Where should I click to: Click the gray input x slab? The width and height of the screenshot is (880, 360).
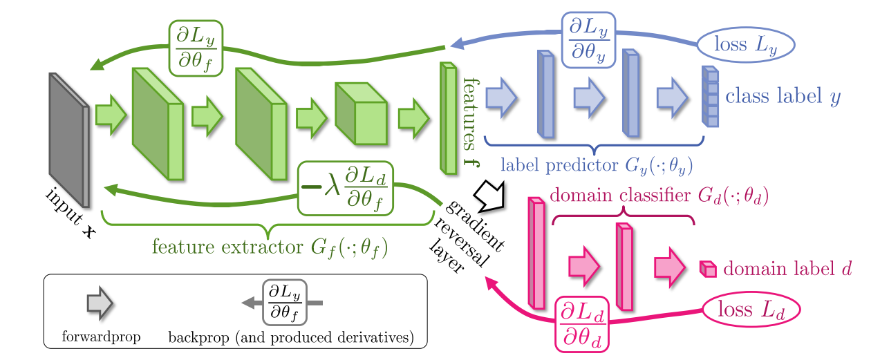click(69, 140)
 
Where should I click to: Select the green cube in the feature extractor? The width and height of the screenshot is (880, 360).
click(361, 113)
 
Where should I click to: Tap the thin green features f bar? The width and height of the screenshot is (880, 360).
click(448, 117)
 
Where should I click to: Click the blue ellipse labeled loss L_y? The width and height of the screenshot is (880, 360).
click(746, 45)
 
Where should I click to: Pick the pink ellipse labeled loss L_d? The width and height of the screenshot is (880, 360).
click(751, 310)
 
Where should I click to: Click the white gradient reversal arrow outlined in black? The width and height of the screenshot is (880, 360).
click(489, 195)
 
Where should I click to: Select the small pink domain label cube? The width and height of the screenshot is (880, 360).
click(708, 269)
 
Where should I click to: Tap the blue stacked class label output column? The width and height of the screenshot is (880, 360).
click(710, 97)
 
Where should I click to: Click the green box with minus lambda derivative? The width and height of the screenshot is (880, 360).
click(346, 189)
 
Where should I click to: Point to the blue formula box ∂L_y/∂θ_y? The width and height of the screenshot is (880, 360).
click(588, 40)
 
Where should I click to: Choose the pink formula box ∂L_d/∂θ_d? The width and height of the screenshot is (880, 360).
click(582, 324)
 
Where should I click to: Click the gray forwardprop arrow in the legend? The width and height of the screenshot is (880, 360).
click(100, 303)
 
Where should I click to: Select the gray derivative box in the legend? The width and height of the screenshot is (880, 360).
click(284, 302)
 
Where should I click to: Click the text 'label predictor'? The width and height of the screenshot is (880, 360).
click(559, 165)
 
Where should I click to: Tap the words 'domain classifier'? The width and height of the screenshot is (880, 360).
click(620, 195)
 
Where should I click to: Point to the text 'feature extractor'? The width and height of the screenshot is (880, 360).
click(227, 247)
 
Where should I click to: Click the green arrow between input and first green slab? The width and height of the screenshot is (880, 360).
click(111, 115)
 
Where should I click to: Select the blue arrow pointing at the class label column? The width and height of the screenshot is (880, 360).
click(672, 97)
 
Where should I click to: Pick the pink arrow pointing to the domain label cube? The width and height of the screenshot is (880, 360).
click(670, 267)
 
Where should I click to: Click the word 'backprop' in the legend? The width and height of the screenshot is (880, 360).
click(198, 338)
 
